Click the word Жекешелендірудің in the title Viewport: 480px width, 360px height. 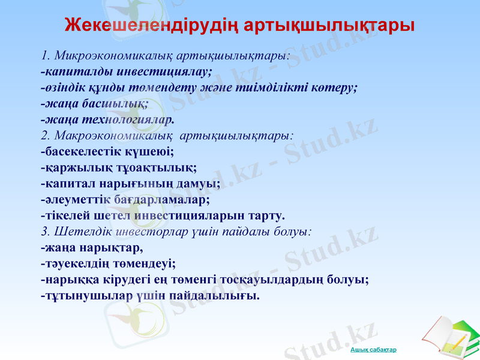(146, 26)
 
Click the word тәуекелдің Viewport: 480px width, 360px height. (74, 262)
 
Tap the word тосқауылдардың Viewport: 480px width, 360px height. (277, 278)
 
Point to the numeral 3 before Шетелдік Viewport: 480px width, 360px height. (44, 230)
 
